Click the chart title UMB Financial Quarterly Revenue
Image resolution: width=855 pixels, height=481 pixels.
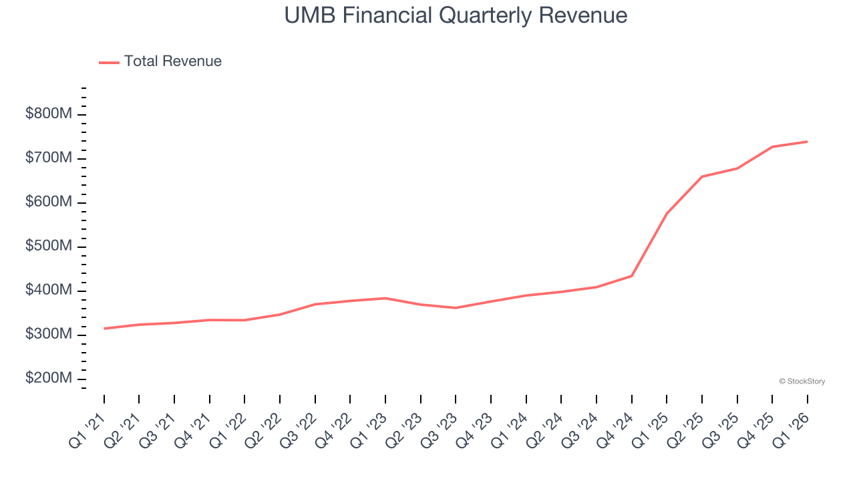456,15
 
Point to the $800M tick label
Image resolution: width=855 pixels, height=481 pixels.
48,114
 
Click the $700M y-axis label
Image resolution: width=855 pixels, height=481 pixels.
48,158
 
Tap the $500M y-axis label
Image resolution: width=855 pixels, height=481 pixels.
48,247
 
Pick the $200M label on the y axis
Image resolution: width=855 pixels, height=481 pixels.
48,379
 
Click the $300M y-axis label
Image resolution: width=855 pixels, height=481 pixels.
48,335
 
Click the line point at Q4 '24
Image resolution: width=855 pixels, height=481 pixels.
632,276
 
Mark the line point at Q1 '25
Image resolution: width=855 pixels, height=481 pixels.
667,214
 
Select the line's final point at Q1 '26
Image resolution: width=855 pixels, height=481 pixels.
807,142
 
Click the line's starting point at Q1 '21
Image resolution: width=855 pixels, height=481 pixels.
104,329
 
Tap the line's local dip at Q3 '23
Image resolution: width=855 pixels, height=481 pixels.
456,308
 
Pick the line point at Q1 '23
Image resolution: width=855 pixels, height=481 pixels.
385,298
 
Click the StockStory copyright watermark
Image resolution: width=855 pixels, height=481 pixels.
802,381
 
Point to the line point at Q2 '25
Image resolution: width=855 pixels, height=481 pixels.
702,176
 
